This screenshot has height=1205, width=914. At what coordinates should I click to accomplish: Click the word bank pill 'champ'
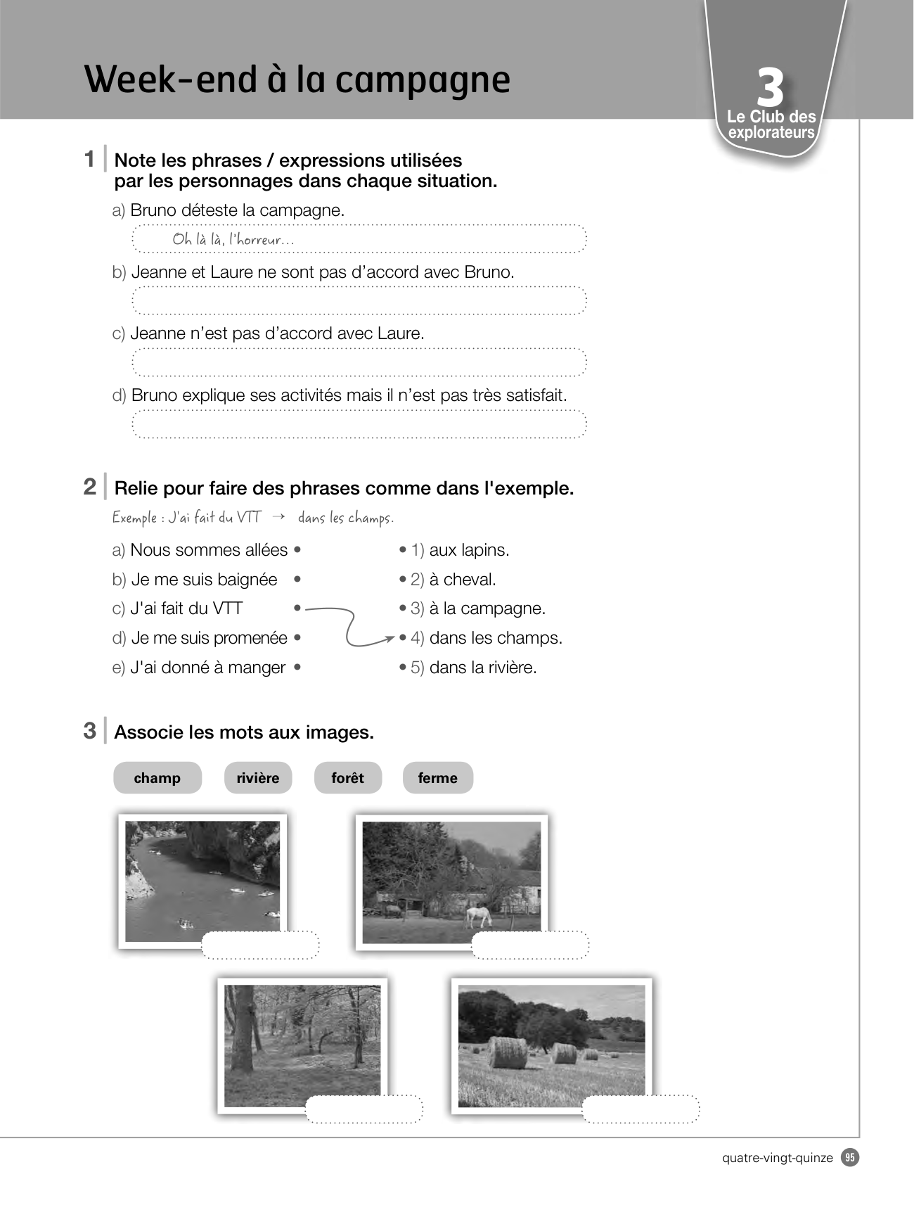[x=157, y=778]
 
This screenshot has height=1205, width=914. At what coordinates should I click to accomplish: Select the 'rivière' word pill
[x=258, y=778]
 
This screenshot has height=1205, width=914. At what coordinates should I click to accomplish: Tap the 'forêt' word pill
[x=348, y=778]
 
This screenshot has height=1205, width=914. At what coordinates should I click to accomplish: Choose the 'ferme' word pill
[x=437, y=778]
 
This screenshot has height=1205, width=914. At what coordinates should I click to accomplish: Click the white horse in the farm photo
[x=479, y=915]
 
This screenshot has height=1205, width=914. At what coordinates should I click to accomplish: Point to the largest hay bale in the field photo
[x=507, y=1053]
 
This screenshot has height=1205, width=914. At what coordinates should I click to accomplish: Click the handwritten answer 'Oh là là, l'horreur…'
[x=233, y=239]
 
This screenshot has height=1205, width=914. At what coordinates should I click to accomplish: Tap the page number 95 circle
[x=851, y=1157]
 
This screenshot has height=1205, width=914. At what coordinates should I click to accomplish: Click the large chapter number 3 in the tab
[x=771, y=88]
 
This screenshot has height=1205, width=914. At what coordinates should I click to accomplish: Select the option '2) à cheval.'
[x=453, y=580]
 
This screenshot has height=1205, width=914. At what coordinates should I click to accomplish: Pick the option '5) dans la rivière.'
[x=474, y=668]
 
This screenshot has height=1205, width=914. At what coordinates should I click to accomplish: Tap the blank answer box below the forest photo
[x=364, y=1109]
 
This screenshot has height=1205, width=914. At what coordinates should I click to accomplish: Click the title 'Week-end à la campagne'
[x=297, y=79]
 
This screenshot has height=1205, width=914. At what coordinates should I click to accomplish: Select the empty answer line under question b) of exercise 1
[x=359, y=300]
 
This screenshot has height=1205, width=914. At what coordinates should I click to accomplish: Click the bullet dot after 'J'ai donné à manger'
[x=297, y=668]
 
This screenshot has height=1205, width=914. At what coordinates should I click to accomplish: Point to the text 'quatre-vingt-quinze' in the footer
[x=778, y=1158]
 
